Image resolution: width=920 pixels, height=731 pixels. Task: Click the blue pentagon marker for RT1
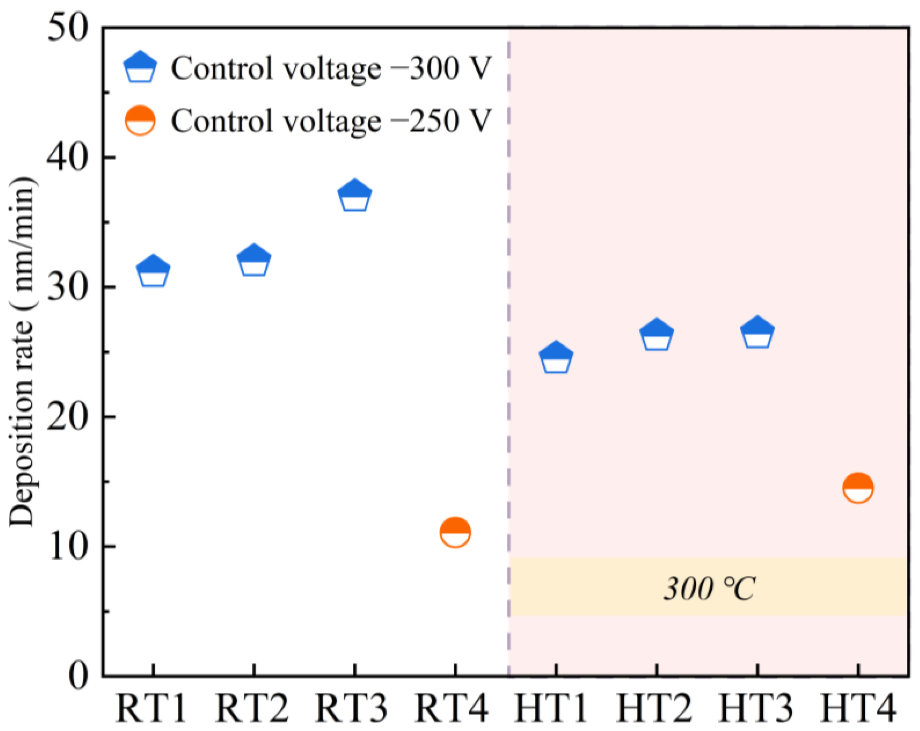[153, 272]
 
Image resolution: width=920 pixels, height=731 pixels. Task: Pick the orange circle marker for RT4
[455, 533]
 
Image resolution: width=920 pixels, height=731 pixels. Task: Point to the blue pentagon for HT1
[556, 358]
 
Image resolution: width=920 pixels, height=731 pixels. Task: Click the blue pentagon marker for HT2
[657, 335]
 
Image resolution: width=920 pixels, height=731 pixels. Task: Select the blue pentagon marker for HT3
[758, 333]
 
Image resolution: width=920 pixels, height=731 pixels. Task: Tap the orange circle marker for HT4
[858, 488]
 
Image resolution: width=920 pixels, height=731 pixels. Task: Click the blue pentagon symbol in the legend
[140, 67]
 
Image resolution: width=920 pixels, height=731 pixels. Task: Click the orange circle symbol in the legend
[140, 120]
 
